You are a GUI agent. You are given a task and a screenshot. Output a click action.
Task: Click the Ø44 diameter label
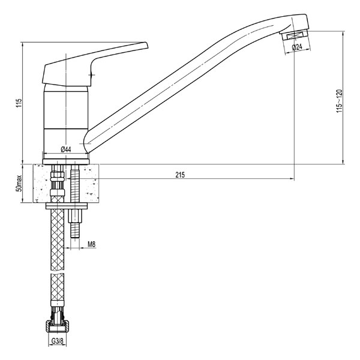(66, 149)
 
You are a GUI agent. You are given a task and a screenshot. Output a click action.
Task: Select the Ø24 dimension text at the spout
(297, 47)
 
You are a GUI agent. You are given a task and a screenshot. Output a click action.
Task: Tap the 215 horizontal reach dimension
(180, 175)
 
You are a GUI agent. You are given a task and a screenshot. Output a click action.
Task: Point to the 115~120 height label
(340, 101)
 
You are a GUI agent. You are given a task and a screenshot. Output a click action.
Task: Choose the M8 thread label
(92, 244)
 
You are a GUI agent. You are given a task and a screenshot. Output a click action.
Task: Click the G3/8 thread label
(57, 341)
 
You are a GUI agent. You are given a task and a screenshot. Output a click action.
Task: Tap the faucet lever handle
(95, 65)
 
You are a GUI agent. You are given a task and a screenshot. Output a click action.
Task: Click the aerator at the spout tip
(295, 35)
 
